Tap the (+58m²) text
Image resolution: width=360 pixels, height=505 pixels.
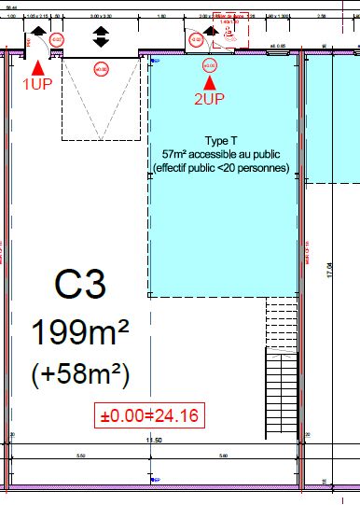pyautogui.click(x=79, y=374)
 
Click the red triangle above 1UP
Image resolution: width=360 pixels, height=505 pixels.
pyautogui.click(x=37, y=66)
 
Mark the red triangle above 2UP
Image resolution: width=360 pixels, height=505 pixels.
pyautogui.click(x=209, y=83)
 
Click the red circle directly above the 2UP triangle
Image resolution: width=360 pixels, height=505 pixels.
pyautogui.click(x=209, y=65)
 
